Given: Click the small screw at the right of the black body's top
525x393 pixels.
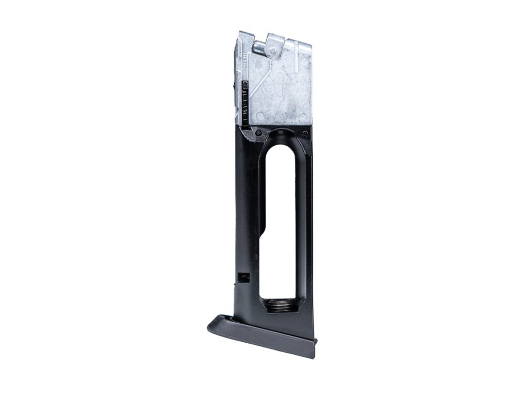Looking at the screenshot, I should (305, 134).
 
